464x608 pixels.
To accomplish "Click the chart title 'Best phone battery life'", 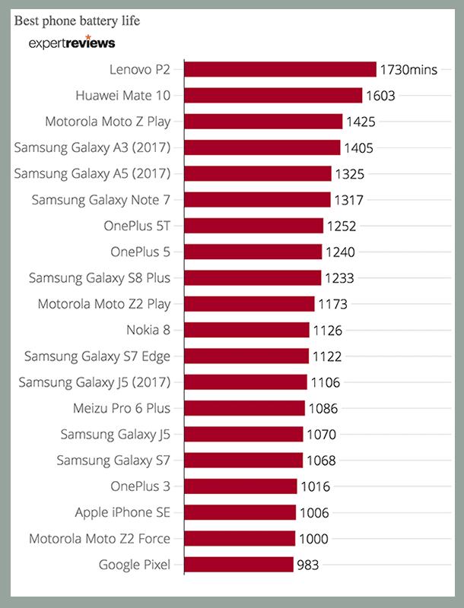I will [x=77, y=21].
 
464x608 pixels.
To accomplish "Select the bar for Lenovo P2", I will [x=280, y=69].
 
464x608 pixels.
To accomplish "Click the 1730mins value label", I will [x=408, y=70].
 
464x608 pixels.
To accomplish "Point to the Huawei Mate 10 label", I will [x=123, y=96].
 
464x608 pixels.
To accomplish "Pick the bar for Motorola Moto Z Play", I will [x=263, y=122].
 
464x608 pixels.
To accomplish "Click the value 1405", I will [x=359, y=148].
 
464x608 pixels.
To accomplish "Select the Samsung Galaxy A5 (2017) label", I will [x=93, y=174].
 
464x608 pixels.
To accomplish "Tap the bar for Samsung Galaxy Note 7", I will [x=257, y=200].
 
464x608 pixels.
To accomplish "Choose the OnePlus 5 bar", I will [x=253, y=252].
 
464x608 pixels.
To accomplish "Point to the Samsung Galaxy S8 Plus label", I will [x=100, y=278].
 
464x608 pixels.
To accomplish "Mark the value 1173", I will [x=332, y=305].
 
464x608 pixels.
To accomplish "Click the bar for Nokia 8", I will [x=246, y=330].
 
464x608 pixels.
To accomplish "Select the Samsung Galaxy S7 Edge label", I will [x=97, y=356].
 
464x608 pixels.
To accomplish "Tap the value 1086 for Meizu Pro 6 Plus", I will [x=323, y=409].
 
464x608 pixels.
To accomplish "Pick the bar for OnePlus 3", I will [x=240, y=486].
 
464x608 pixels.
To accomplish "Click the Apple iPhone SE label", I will [x=122, y=513].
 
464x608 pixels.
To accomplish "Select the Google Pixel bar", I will [x=239, y=565].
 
